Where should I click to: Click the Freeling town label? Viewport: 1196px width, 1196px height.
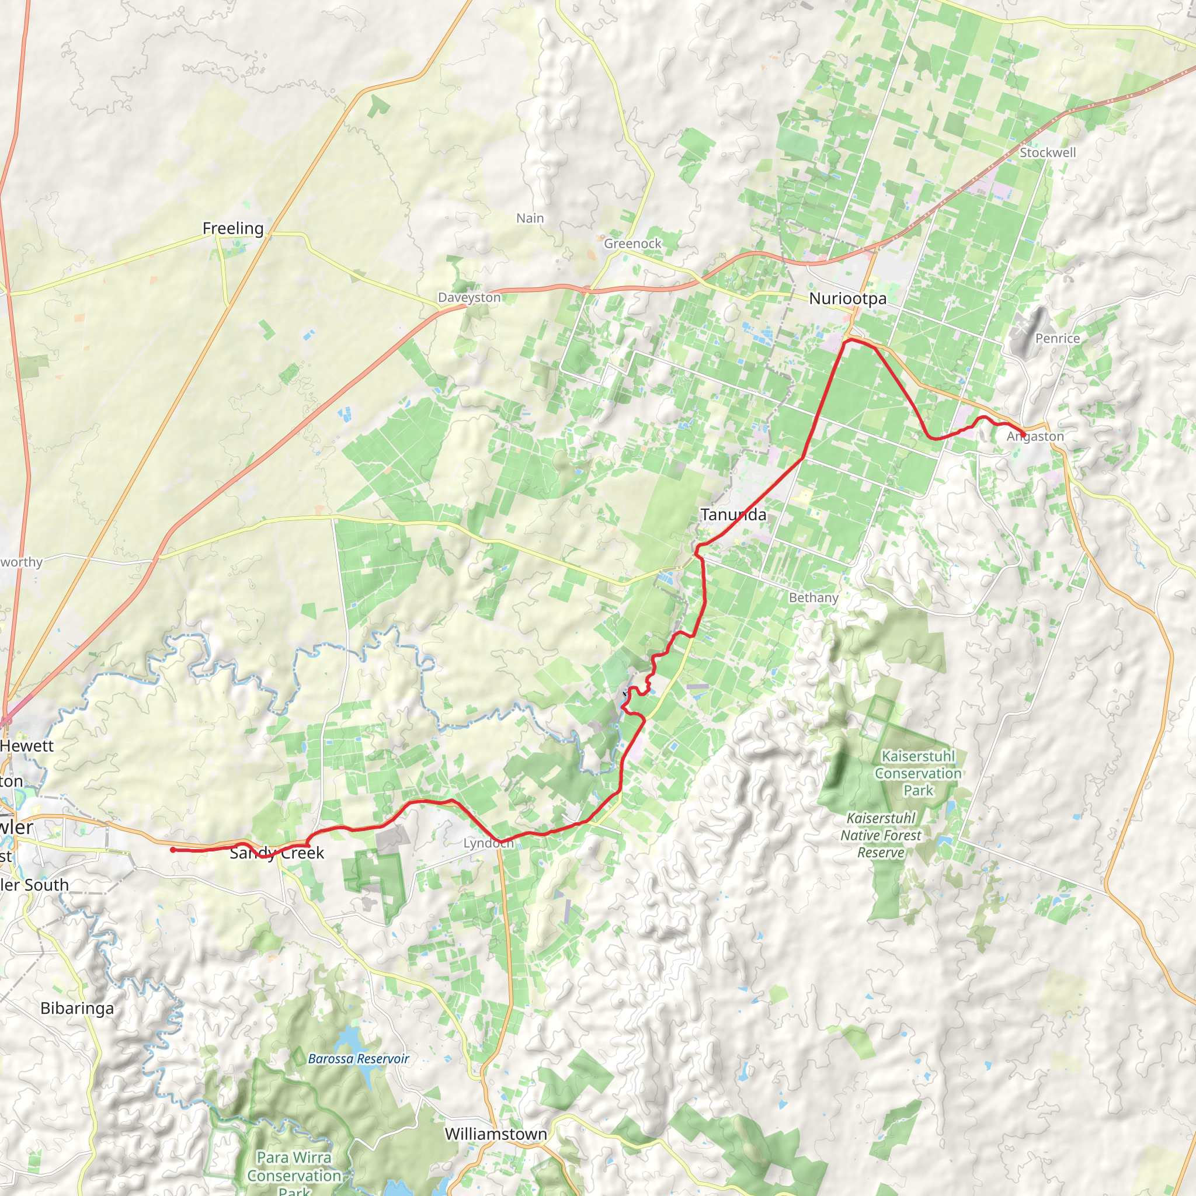coord(233,228)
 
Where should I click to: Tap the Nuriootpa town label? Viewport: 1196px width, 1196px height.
coord(847,298)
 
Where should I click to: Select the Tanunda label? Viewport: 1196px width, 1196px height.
coord(733,514)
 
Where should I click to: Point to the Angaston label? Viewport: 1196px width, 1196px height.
coord(1035,436)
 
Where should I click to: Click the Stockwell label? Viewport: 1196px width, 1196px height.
coord(1048,152)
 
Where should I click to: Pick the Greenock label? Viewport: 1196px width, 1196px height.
coord(632,244)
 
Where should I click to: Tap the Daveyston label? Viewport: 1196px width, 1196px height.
coord(470,297)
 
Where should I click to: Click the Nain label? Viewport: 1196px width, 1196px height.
coord(530,218)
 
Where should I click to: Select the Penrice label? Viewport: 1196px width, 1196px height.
coord(1058,338)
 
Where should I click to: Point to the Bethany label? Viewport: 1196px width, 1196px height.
coord(813,597)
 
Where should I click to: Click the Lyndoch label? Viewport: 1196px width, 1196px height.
coord(488,843)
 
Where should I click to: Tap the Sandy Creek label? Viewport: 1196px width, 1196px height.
coord(277,853)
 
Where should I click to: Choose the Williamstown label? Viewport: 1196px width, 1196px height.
coord(496,1134)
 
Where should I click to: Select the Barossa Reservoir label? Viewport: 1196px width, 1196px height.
coord(359,1059)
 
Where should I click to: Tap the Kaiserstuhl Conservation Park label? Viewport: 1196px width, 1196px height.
coord(918,773)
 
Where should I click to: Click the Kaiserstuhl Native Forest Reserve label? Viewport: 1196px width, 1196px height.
coord(880,835)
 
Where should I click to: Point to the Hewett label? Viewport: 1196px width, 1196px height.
coord(27,746)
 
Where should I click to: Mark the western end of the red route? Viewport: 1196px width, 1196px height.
coord(173,850)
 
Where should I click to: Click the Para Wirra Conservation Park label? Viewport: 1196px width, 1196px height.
coord(294,1175)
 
